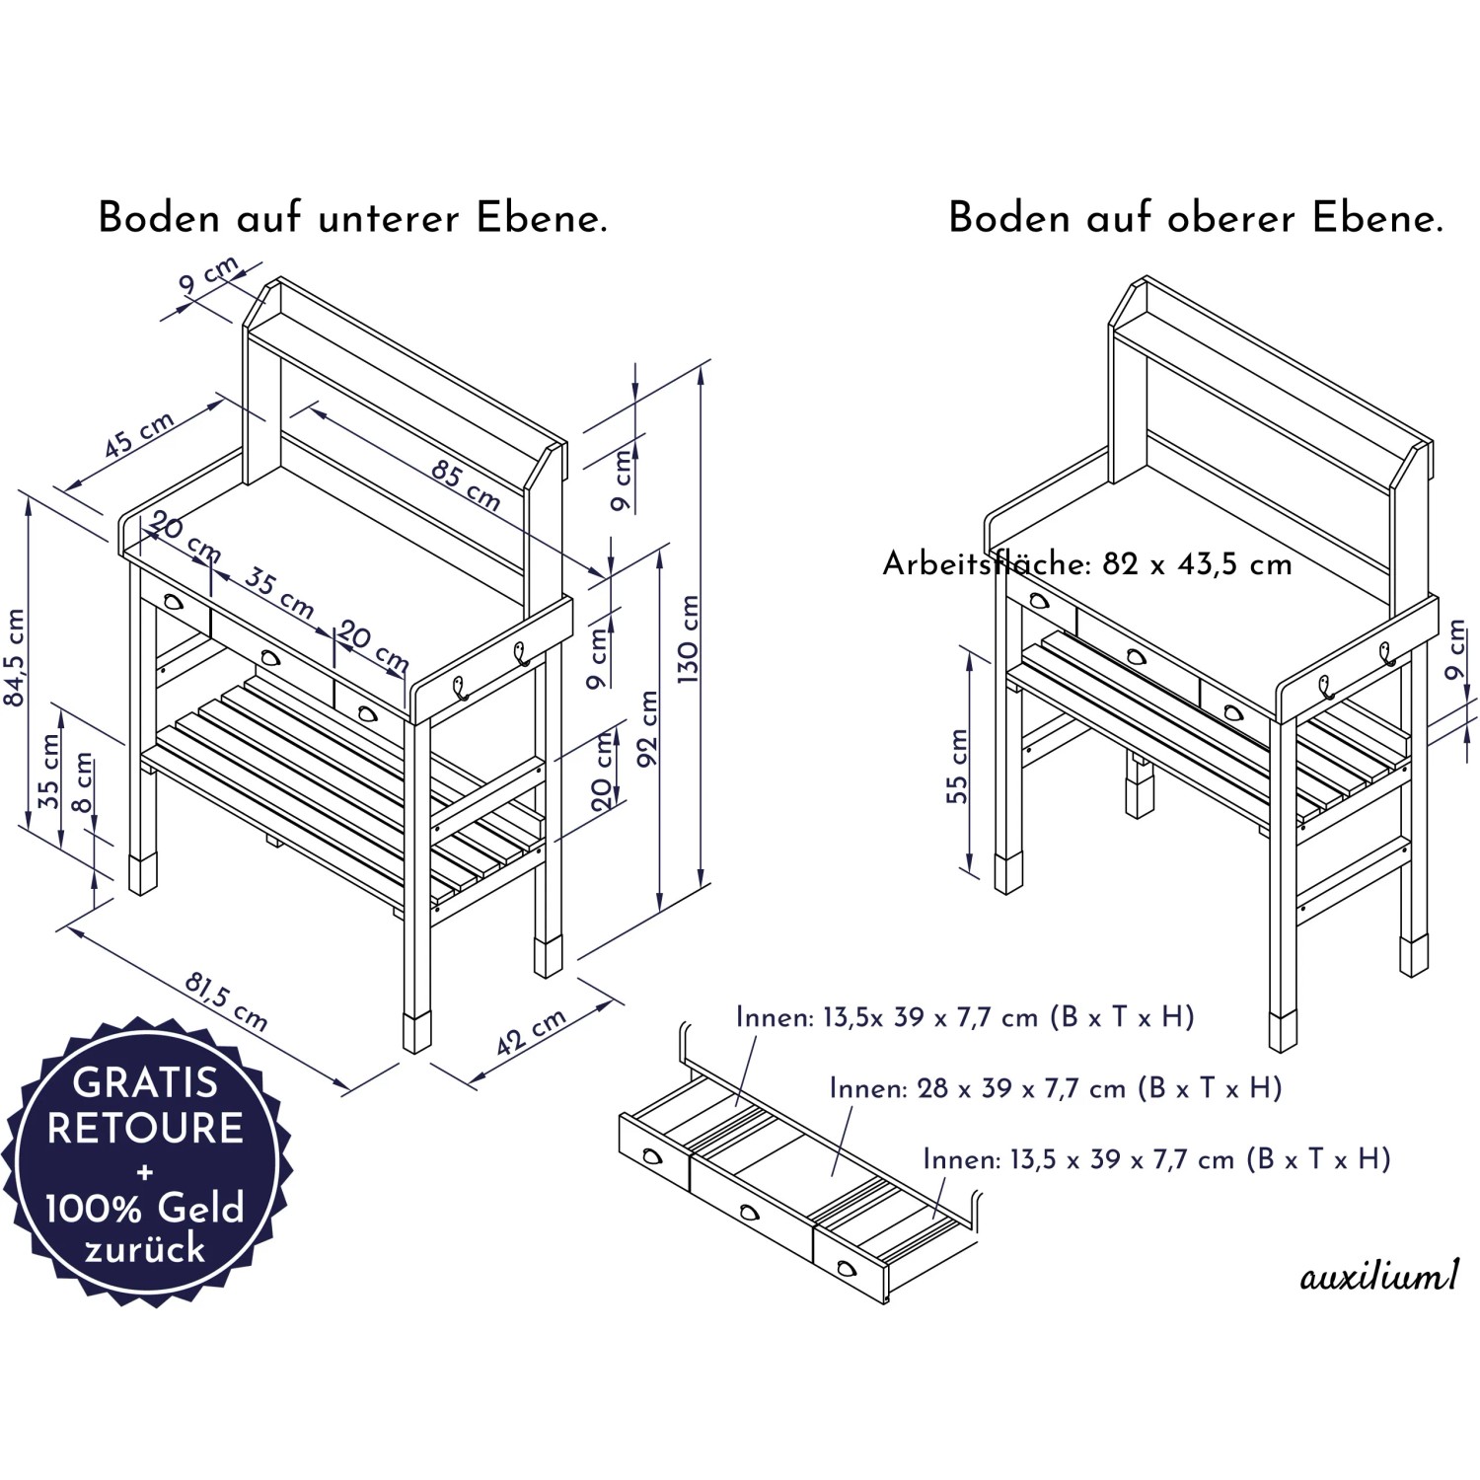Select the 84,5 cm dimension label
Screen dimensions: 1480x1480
pos(16,657)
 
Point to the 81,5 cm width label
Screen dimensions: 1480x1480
pos(226,1000)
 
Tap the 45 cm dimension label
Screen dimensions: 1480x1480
pos(139,435)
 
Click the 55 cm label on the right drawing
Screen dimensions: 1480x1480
pos(957,766)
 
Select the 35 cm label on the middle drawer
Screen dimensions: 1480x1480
pos(279,592)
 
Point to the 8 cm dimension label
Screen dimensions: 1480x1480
pos(83,781)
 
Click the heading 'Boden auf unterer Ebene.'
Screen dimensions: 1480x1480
pos(352,218)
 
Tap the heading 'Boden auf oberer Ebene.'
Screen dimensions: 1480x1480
pos(1196,218)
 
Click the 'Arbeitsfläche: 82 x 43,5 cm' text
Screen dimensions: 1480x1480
pos(1087,564)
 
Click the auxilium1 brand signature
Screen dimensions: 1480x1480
pos(1378,1278)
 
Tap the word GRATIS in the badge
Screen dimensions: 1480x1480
pos(145,1082)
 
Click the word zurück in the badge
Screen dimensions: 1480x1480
pos(145,1249)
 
